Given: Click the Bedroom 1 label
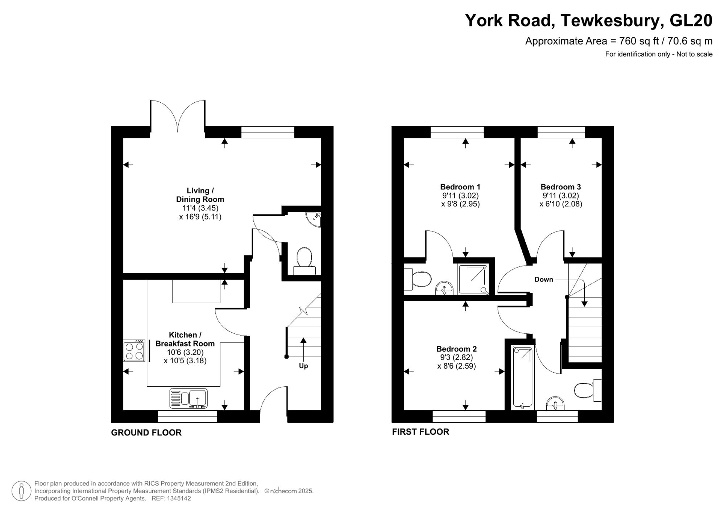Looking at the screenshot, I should [460, 187].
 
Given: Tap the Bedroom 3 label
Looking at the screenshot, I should [560, 187].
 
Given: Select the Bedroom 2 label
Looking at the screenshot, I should [456, 349].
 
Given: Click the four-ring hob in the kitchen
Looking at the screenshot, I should [134, 351].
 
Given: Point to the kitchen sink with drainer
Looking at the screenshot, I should [188, 398].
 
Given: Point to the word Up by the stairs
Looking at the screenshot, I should [303, 366].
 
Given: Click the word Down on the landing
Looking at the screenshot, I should [543, 279].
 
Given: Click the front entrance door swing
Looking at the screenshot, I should [273, 399].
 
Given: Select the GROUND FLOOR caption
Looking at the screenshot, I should [146, 432].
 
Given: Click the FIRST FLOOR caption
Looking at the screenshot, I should [420, 432].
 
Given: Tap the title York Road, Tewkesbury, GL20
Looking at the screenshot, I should [588, 20].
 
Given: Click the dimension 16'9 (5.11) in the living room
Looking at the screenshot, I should [200, 217].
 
